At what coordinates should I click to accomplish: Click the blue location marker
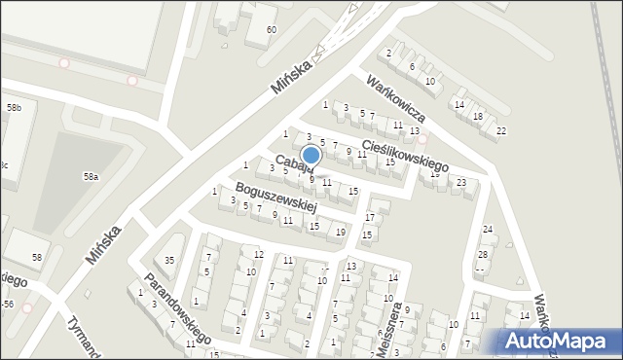(311, 156)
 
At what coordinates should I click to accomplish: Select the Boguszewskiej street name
(277, 198)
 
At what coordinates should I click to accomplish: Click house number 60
(272, 29)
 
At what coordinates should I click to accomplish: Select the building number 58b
(15, 107)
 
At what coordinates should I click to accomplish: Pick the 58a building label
(91, 177)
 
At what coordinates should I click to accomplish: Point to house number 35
(169, 260)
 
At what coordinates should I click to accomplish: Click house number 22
(500, 130)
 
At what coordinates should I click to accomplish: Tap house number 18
(477, 117)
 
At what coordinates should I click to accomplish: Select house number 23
(461, 182)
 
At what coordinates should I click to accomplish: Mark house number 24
(489, 230)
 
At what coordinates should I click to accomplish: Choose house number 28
(482, 254)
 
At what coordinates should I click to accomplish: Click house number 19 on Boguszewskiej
(340, 232)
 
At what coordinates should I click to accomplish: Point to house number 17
(369, 216)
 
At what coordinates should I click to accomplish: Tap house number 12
(258, 254)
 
